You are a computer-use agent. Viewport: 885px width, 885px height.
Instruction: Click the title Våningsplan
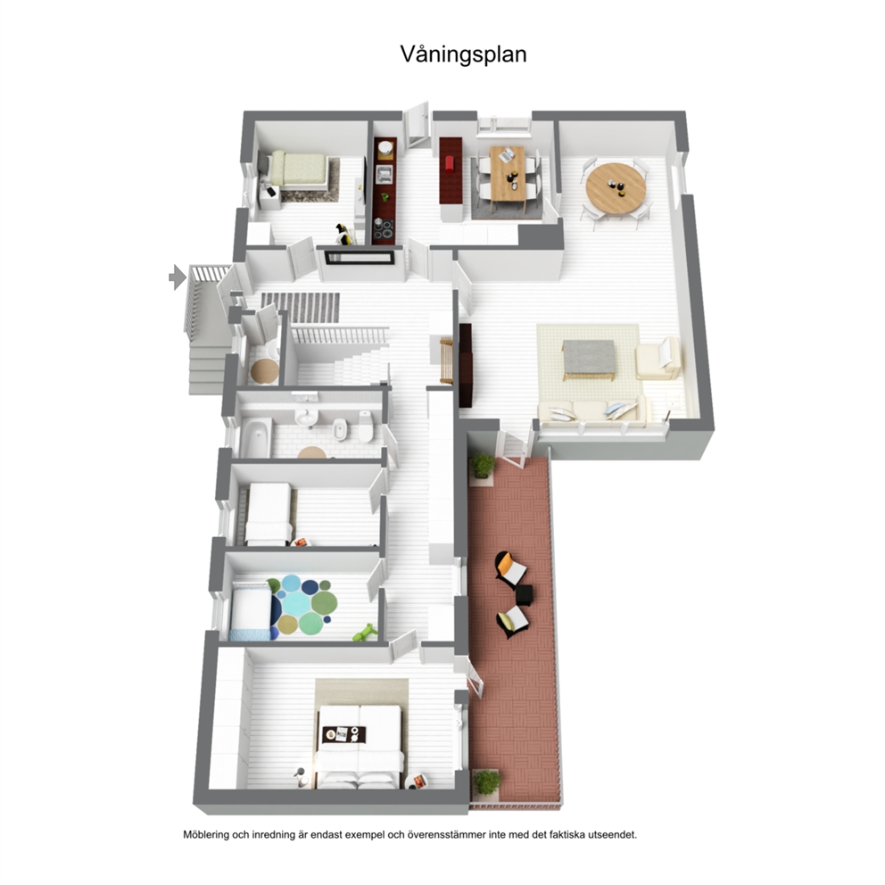[x=463, y=55]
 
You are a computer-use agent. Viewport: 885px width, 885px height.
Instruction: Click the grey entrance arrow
[x=178, y=277]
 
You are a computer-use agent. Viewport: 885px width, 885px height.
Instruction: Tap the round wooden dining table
[x=617, y=186]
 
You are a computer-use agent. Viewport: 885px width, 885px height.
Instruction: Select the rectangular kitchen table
[x=507, y=173]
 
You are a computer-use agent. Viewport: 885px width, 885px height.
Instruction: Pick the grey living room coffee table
[x=589, y=360]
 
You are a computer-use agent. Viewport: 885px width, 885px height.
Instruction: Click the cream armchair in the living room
[x=658, y=359]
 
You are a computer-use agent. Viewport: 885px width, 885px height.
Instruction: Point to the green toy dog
[x=365, y=633]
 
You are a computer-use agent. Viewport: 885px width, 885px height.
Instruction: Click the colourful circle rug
[x=303, y=605]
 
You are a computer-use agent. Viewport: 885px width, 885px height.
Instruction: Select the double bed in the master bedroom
[x=359, y=746]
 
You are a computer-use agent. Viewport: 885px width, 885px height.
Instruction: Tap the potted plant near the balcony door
[x=482, y=466]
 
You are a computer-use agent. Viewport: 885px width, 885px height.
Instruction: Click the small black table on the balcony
[x=525, y=594]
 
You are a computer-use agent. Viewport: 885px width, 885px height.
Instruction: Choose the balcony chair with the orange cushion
[x=511, y=569]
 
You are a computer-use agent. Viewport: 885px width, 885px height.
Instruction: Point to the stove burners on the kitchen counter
[x=385, y=229]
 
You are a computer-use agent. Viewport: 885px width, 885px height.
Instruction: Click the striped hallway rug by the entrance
[x=301, y=308]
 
